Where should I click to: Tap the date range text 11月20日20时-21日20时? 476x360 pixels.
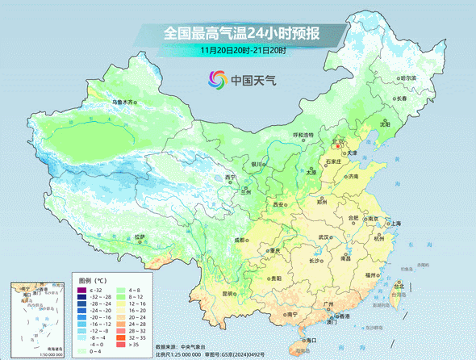coord(244,50)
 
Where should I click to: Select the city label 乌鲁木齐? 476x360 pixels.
coord(124,103)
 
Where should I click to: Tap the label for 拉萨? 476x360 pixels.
coord(141,237)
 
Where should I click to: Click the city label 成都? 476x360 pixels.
coord(240,240)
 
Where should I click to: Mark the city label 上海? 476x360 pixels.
coord(395,223)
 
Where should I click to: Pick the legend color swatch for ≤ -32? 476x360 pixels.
coord(81,290)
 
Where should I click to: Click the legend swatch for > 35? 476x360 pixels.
coord(122,345)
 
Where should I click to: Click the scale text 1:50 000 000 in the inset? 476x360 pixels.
coord(27,354)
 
